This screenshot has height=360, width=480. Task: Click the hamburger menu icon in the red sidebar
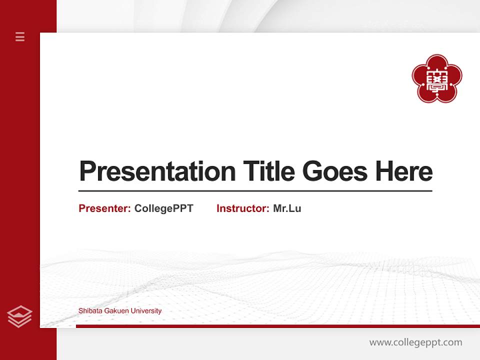coord(20,36)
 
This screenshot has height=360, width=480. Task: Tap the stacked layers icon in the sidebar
coord(19,316)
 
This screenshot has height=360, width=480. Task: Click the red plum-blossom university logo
coord(436,78)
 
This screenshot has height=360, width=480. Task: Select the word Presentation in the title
coord(157,171)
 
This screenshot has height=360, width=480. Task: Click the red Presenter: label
coord(104,208)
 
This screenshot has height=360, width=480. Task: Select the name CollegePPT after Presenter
coord(163,208)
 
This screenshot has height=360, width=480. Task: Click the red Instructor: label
coord(242,208)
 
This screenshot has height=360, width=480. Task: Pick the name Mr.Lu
coord(287,208)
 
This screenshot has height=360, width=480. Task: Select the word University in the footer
coord(145,311)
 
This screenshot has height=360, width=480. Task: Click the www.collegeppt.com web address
coord(415,342)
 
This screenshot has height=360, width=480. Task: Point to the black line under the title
coord(255,191)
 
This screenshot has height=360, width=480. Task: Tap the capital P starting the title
coord(87,171)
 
